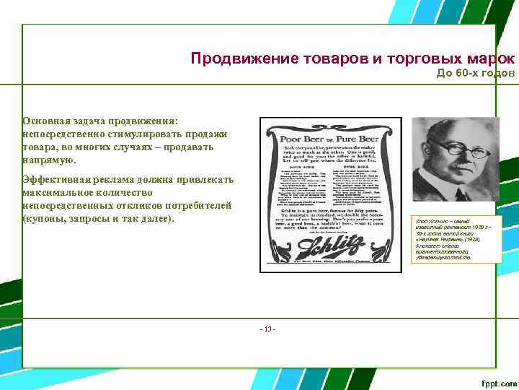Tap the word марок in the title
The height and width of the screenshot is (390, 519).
[x=490, y=58]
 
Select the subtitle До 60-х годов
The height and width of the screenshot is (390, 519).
[x=476, y=74]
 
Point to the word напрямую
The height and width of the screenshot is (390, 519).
[x=48, y=160]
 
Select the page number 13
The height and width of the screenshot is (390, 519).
[x=268, y=329]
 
